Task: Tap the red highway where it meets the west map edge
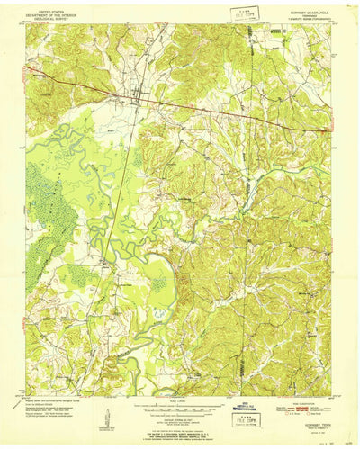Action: coord(28,65)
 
